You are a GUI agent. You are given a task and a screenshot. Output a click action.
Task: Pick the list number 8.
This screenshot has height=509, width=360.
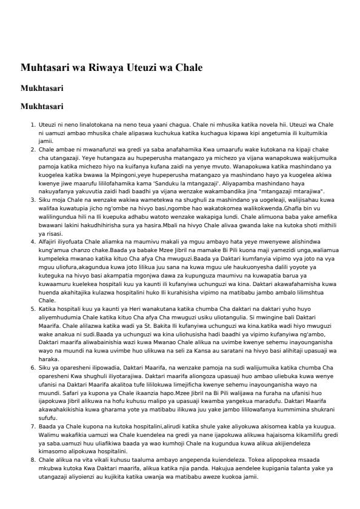click(x=33, y=461)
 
